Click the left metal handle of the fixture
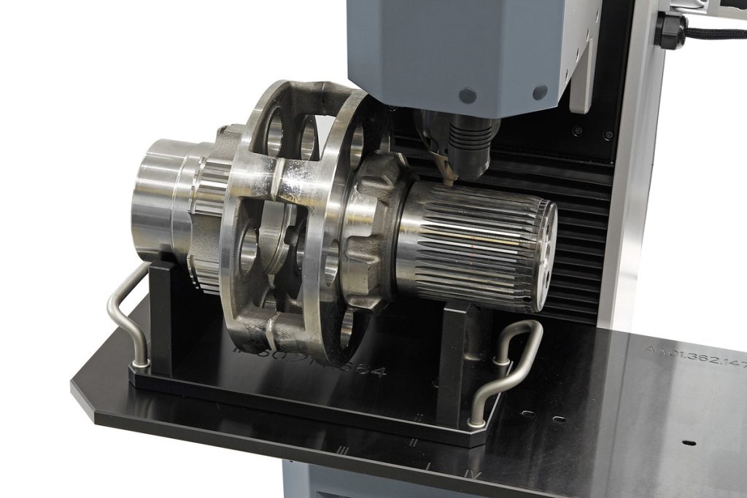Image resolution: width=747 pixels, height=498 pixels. [120, 306]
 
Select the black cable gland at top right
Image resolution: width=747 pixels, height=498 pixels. [670, 31]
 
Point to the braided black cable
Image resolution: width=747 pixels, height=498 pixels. [718, 33]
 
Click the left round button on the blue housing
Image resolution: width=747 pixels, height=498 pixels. [468, 96]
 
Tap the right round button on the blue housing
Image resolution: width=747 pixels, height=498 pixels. [540, 92]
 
